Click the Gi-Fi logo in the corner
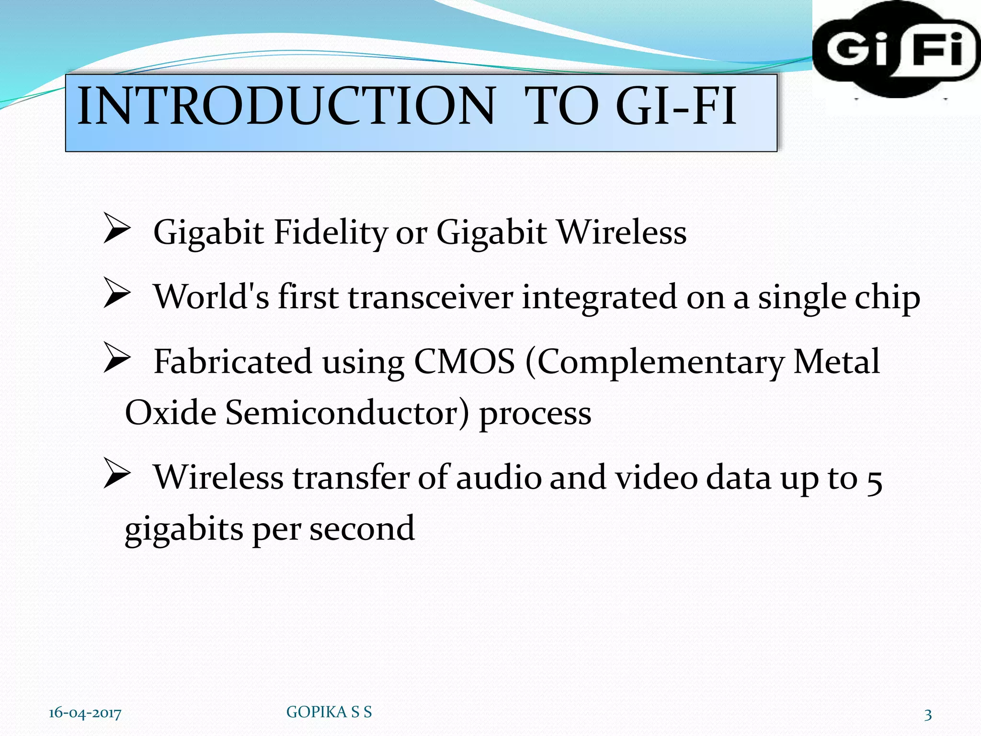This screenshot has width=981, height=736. (x=896, y=50)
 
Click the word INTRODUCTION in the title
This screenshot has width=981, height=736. (x=286, y=106)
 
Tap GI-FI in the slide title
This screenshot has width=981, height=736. (x=676, y=106)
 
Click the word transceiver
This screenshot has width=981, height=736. (x=430, y=297)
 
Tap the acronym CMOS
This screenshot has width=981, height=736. (x=464, y=362)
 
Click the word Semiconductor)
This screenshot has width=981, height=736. (x=347, y=413)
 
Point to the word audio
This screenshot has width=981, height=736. (x=498, y=478)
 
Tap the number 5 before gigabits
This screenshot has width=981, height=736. (x=874, y=480)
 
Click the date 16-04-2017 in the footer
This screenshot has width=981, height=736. (x=85, y=713)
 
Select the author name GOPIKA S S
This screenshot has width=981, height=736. (x=329, y=712)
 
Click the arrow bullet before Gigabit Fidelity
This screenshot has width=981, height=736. (x=116, y=229)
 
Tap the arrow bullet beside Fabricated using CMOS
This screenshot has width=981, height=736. (x=116, y=357)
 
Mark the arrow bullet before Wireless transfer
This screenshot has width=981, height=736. (x=116, y=473)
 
